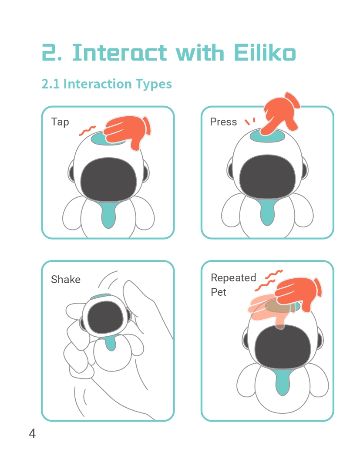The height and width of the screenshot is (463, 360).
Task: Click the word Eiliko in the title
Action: [x=265, y=53]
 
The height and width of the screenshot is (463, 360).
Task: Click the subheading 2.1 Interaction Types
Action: [x=107, y=84]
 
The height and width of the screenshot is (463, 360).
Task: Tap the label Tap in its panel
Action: [x=60, y=122]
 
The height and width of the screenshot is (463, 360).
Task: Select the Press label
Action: [x=223, y=122]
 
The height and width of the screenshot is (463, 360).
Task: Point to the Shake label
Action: [x=65, y=279]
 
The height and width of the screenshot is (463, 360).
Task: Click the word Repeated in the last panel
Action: [x=233, y=277]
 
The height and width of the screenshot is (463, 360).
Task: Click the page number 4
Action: [x=32, y=433]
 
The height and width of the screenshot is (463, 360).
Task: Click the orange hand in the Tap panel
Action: [x=128, y=132]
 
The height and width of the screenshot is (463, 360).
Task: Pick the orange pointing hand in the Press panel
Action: [x=280, y=114]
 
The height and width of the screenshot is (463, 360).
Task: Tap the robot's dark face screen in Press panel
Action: [x=267, y=176]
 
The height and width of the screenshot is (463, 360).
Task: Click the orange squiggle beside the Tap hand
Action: [x=87, y=131]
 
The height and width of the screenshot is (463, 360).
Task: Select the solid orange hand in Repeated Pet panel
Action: [x=298, y=294]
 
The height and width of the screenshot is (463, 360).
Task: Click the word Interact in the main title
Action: [x=120, y=53]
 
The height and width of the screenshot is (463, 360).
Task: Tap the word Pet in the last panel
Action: [x=219, y=292]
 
